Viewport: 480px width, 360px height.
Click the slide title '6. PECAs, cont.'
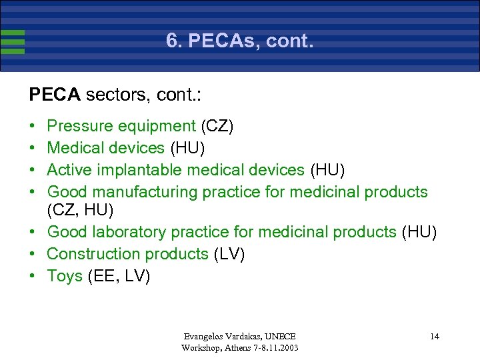click(239, 42)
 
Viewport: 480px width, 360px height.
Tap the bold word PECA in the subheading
click(55, 95)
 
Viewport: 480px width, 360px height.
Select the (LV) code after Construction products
click(229, 254)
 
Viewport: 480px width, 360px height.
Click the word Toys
click(65, 276)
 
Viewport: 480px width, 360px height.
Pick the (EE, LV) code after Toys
click(119, 276)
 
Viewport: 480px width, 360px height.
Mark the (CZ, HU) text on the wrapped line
click(81, 211)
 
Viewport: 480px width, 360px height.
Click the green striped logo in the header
click(13, 41)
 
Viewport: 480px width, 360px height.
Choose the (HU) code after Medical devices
click(187, 148)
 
